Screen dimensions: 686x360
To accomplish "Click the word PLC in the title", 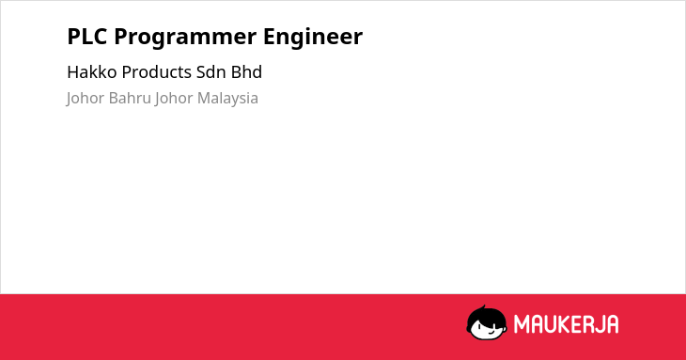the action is point(87,37).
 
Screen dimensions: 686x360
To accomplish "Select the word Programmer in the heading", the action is point(185,38).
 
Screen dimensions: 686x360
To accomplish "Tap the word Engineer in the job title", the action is point(313,38).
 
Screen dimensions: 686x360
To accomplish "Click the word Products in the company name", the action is point(157,72).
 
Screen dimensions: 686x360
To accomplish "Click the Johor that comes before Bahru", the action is point(86,99).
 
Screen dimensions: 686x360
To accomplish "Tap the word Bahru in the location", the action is point(130,98).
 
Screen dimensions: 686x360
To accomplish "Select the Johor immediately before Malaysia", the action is point(174,99).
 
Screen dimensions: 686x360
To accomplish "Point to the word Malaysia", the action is point(227,99).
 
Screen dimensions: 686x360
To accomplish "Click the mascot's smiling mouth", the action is point(491,332).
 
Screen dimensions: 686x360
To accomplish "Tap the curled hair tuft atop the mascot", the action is point(483,307).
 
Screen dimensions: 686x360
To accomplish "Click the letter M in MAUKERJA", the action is point(522,324).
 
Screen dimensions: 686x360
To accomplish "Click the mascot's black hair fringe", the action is point(487,317).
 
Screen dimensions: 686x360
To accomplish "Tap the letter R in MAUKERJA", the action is point(589,324).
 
